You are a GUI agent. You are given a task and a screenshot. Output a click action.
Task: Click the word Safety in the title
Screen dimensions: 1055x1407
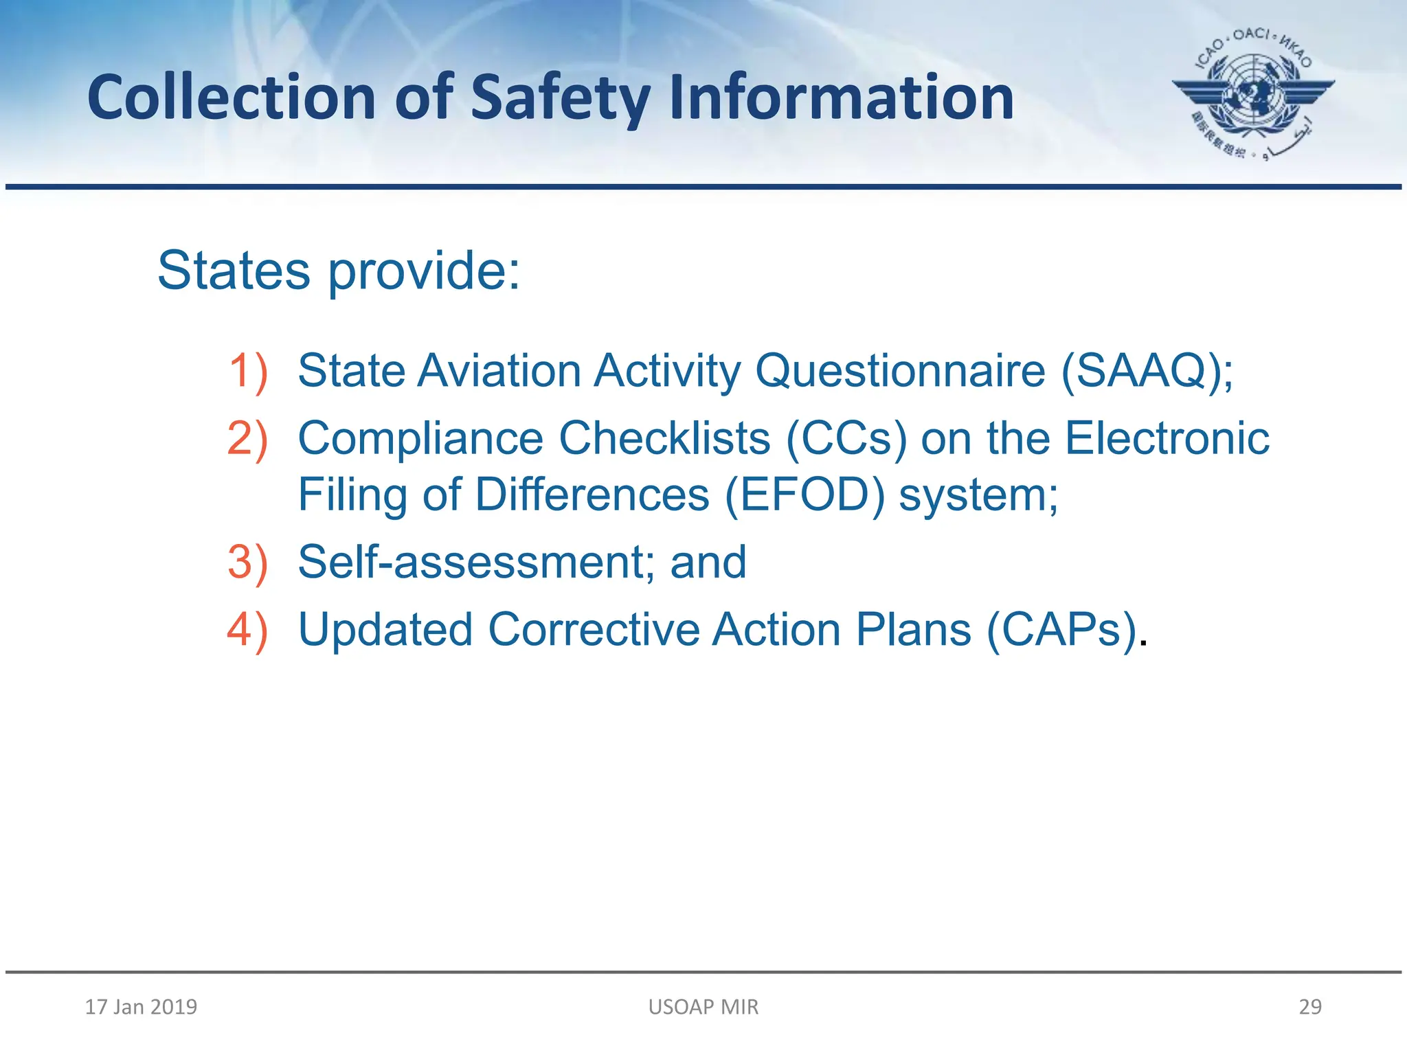click(560, 98)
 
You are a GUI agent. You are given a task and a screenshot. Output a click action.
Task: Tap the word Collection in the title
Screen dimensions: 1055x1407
click(232, 98)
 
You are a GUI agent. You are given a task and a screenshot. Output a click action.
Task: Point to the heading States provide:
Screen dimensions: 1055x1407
click(339, 271)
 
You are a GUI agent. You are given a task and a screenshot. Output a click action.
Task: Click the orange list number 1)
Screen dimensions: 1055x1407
click(247, 372)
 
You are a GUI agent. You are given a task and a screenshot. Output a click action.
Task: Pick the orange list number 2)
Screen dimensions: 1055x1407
click(247, 439)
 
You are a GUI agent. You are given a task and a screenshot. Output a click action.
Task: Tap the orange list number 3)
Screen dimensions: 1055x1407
click(247, 563)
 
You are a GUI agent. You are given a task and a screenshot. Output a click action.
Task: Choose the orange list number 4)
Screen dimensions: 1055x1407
click(247, 630)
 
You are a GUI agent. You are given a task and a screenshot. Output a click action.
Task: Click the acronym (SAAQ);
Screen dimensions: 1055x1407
click(1147, 372)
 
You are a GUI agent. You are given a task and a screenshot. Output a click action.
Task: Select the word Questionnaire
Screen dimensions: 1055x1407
click(900, 372)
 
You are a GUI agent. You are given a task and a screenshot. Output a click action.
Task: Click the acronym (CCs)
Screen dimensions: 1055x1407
click(846, 439)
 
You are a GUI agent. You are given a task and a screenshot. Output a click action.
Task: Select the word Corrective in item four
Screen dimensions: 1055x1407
click(594, 630)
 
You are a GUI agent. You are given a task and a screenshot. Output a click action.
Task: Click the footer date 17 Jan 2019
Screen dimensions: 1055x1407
click(141, 1007)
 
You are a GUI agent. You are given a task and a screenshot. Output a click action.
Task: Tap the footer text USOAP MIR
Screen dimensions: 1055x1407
click(703, 1007)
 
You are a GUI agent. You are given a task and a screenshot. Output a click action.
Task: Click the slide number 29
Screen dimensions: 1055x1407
click(1310, 1007)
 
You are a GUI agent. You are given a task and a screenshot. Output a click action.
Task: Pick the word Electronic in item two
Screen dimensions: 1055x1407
click(1167, 439)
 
